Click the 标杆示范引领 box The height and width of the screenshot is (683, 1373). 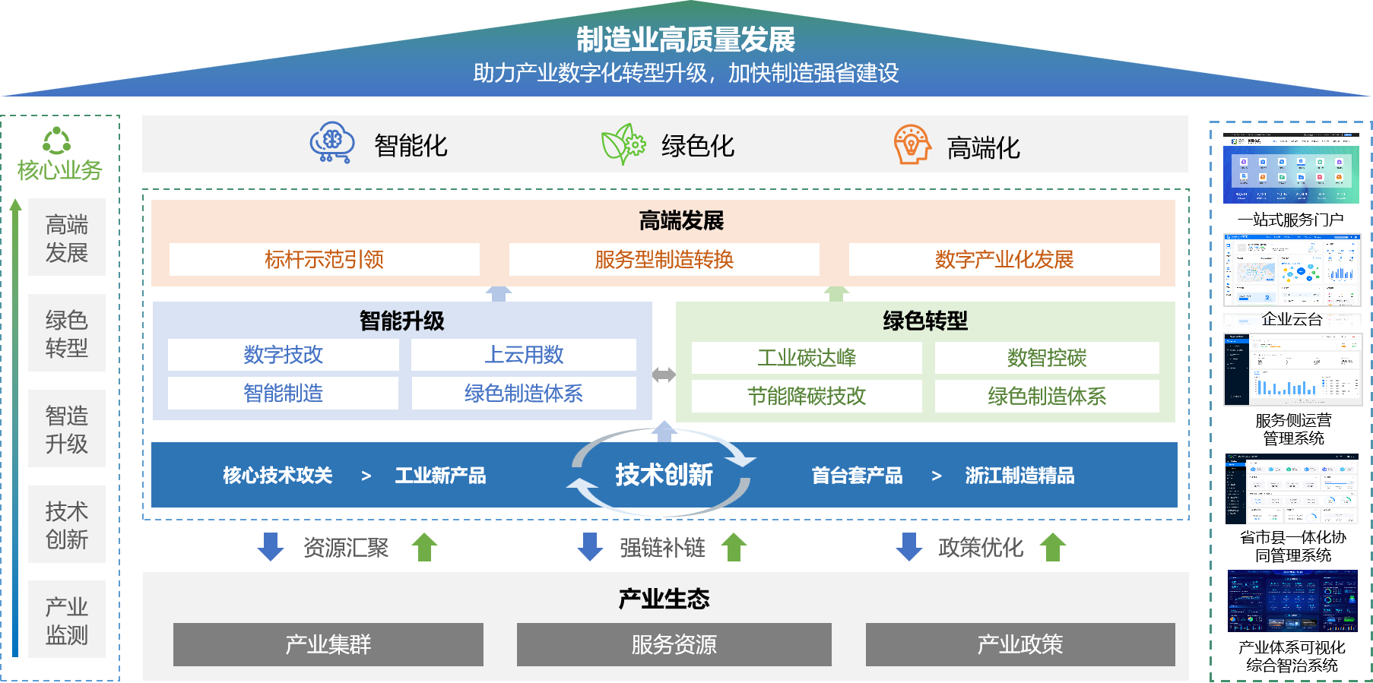(324, 260)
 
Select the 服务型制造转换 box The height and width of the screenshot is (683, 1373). (664, 260)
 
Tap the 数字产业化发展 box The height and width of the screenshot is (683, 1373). (1004, 260)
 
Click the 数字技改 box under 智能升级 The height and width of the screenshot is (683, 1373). (283, 355)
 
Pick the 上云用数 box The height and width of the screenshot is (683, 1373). (524, 355)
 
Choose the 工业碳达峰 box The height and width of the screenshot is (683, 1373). (807, 358)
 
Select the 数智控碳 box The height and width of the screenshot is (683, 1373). (1047, 358)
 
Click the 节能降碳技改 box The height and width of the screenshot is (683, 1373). (807, 396)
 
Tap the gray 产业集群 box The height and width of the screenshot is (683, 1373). (328, 644)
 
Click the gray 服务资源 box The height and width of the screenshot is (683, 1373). (674, 644)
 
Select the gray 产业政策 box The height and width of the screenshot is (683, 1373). (1019, 644)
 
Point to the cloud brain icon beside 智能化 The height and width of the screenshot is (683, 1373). (332, 143)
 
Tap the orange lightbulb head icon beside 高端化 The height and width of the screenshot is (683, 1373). (912, 144)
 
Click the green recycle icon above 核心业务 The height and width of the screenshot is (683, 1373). (57, 141)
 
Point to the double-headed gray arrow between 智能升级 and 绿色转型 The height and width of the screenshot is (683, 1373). (664, 375)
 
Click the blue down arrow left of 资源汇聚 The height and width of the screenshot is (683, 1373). (271, 547)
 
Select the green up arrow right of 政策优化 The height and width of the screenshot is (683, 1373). (1053, 547)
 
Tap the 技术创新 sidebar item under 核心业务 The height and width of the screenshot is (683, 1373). (67, 525)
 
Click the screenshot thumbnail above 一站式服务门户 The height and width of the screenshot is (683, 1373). (1291, 169)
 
